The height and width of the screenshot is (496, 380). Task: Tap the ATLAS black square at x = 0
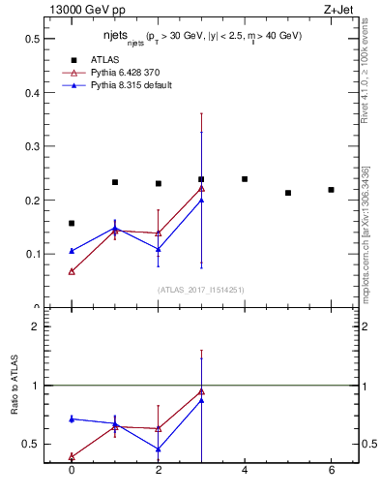click(x=72, y=223)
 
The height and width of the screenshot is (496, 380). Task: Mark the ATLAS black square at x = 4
click(x=245, y=179)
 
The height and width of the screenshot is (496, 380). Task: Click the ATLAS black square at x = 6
click(x=331, y=190)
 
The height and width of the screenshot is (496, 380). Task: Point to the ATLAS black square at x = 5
click(x=288, y=193)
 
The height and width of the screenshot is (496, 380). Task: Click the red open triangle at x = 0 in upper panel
click(x=72, y=271)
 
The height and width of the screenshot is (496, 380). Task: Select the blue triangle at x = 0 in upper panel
click(x=72, y=251)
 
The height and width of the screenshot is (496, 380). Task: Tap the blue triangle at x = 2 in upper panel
click(x=158, y=249)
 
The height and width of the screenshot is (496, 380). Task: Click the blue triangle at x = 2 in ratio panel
click(x=158, y=449)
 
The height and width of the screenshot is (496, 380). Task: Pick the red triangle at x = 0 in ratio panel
click(x=72, y=456)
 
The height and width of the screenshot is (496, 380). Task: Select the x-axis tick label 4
click(x=245, y=470)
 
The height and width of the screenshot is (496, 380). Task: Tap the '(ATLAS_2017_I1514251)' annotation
click(x=202, y=290)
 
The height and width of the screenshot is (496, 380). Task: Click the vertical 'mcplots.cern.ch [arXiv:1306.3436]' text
click(x=365, y=232)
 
